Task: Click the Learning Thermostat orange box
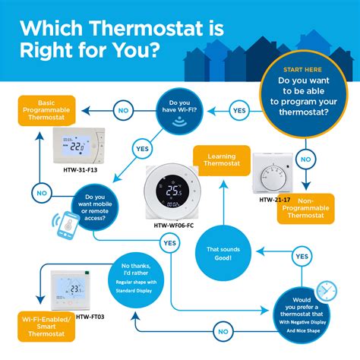click(x=220, y=159)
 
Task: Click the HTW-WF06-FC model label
click(x=173, y=226)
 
